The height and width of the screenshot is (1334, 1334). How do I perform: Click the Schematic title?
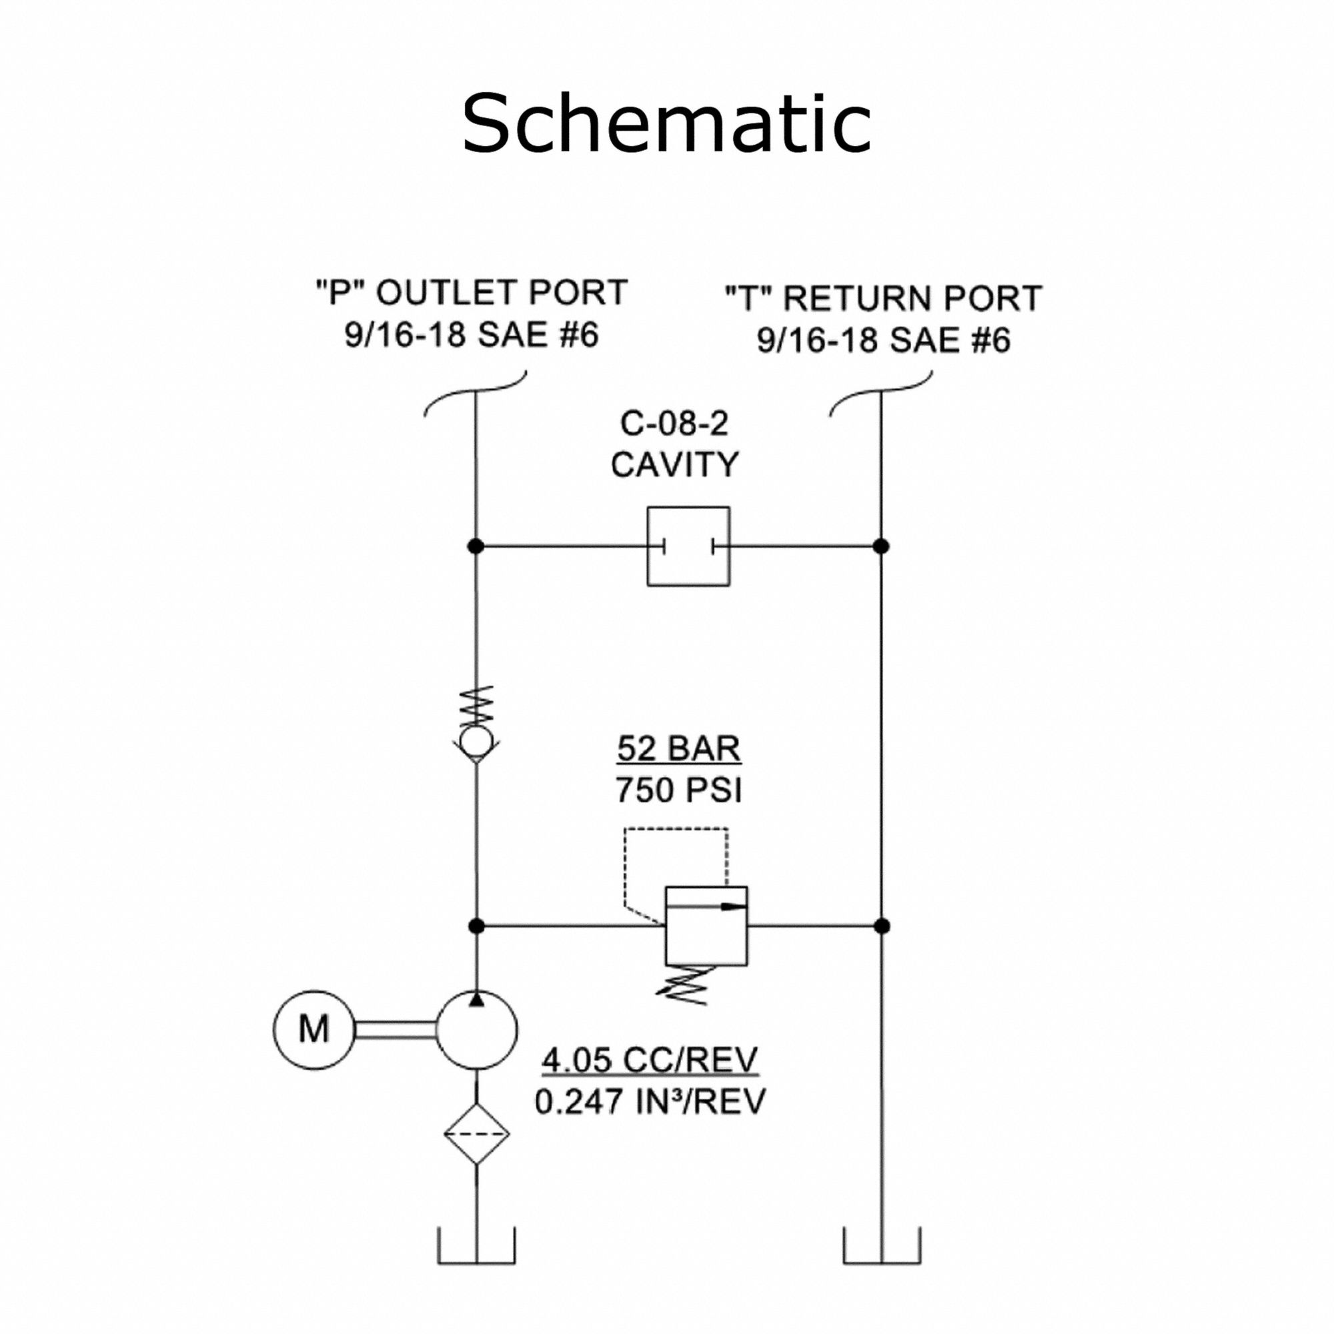(666, 123)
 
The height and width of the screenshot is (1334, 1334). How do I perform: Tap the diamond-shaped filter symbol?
(476, 1134)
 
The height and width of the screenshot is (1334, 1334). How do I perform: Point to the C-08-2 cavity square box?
(688, 546)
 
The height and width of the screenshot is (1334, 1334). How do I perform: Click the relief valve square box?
(706, 926)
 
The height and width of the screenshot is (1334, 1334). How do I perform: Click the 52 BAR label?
(679, 749)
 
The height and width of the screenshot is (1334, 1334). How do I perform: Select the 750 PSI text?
(679, 790)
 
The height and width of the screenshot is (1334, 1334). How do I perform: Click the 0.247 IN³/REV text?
(650, 1101)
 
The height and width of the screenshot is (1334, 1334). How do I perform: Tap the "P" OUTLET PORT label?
(472, 293)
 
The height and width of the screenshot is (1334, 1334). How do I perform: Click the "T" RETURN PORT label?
(883, 298)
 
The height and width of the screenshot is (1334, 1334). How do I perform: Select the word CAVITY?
(674, 465)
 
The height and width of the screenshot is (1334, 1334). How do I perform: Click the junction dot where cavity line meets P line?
(476, 546)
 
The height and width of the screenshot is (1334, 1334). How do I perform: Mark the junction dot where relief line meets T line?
(882, 926)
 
